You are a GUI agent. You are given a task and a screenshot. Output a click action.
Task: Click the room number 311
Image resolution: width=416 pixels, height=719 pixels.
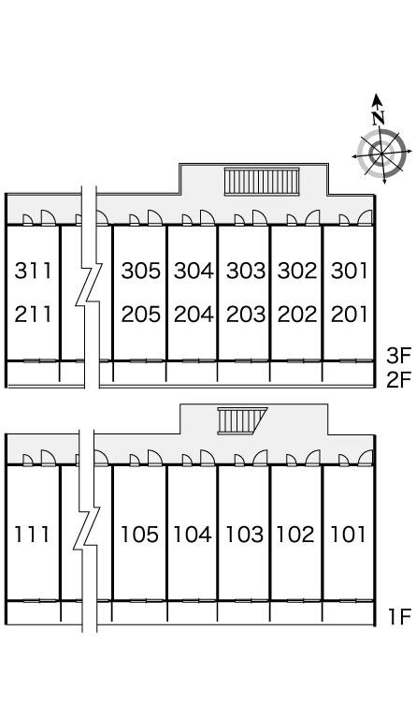[33, 271]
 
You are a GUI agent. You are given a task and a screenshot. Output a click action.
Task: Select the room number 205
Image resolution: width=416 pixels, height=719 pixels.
[141, 315]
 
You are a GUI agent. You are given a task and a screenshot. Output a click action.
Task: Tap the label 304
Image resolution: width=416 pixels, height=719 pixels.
[194, 271]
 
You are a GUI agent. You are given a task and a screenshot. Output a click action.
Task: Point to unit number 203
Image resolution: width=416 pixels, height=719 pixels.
[246, 315]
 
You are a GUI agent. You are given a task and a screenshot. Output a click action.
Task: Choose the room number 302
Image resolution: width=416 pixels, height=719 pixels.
[297, 271]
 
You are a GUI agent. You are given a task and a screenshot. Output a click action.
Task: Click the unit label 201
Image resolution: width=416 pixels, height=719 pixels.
[350, 315]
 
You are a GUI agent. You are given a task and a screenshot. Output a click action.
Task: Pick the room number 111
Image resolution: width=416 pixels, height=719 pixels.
[32, 535]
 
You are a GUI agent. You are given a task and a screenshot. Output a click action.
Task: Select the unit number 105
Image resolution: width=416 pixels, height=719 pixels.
[139, 535]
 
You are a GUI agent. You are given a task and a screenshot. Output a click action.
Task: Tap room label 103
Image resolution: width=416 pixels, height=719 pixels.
[245, 535]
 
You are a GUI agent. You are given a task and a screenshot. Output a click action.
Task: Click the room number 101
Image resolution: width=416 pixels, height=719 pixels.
[348, 535]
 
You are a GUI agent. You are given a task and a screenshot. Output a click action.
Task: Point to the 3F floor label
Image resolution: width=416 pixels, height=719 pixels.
[398, 356]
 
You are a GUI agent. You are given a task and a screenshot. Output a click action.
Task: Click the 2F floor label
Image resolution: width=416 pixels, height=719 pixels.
[398, 380]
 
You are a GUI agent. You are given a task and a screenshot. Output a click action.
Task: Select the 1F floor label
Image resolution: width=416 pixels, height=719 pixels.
[399, 617]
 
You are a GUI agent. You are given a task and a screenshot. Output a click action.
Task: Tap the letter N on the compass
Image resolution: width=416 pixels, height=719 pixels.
[378, 118]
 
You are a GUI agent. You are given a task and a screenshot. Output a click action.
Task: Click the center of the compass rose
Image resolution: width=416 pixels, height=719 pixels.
[381, 154]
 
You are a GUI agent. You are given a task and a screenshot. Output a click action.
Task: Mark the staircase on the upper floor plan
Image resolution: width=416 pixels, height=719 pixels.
[262, 182]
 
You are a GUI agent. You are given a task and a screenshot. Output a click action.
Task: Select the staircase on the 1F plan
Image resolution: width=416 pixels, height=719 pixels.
[241, 420]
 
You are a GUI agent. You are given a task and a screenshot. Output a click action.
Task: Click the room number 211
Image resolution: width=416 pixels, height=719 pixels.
[33, 315]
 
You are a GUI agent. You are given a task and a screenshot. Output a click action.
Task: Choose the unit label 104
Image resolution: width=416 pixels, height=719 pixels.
[193, 535]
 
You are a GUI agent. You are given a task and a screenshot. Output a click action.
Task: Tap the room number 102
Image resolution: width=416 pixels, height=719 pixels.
[295, 535]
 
